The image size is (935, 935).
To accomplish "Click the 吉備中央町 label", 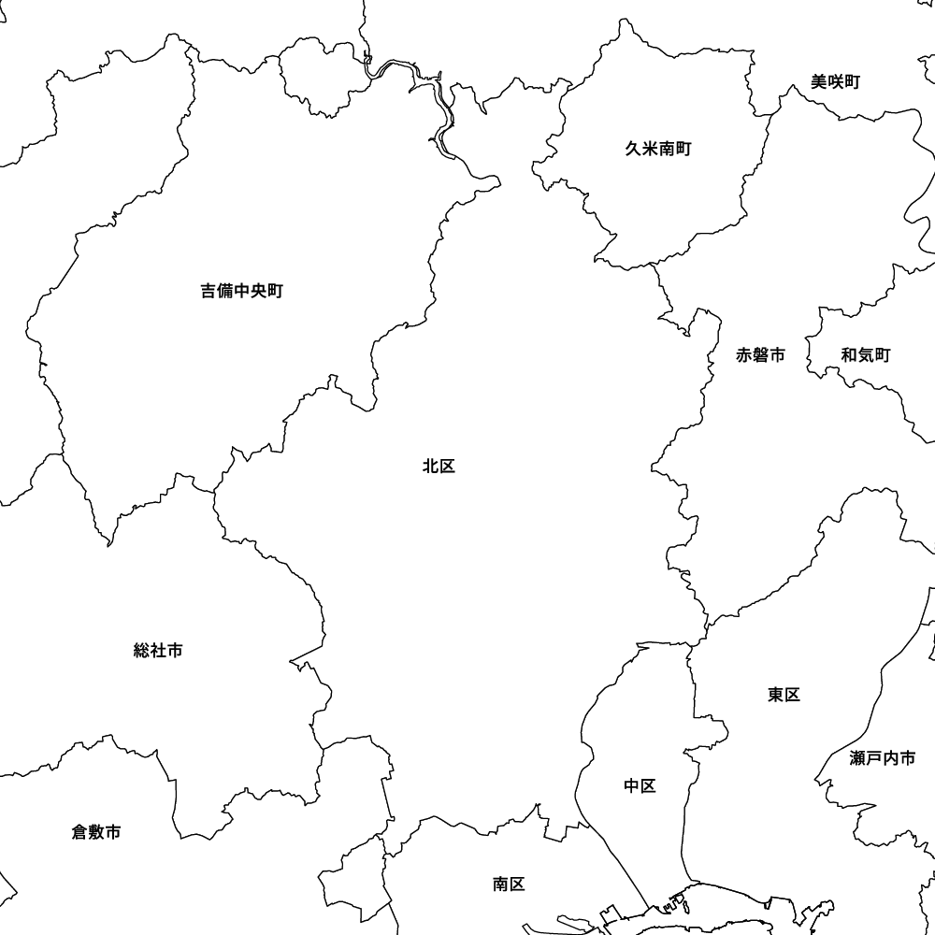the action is coord(241,291).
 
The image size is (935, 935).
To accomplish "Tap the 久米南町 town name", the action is coord(658,149).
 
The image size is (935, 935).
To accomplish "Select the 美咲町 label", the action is coord(835,82).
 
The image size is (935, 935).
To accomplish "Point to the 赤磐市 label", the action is coord(760,355).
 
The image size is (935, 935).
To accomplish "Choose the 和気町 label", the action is coord(865,355).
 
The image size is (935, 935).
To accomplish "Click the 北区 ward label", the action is coord(439,467).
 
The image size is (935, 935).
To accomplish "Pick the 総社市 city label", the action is coord(158,651).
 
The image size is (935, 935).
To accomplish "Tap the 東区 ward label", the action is coord(784,695).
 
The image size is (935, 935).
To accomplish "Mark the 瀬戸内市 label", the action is coord(883,758).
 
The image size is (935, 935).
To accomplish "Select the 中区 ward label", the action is coord(640,786).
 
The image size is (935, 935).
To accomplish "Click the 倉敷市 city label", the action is coord(96,832).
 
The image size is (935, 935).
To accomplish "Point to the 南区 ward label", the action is coord(509,885).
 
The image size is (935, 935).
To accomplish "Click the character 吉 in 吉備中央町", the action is coord(209,291).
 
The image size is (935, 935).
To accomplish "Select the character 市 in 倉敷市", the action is coord(113,832).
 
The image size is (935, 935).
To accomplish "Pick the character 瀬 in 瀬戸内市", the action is coord(858,758).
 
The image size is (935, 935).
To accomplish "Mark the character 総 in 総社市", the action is coord(142,651).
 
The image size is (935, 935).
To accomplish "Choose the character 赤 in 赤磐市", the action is coord(744,355).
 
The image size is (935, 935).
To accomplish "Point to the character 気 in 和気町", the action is coord(865,355).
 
